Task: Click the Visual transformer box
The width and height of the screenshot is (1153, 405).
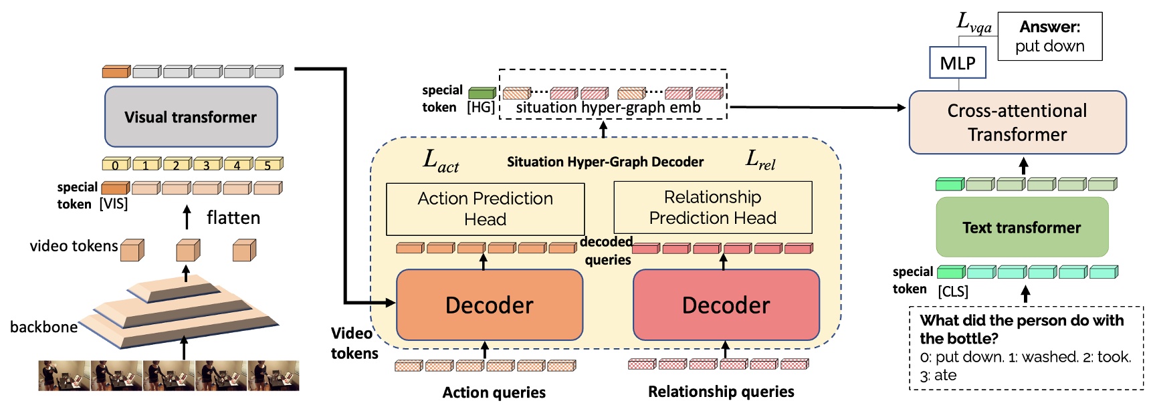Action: point(191,117)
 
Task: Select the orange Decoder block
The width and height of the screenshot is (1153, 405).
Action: point(490,305)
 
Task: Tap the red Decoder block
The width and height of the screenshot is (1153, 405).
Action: point(726,305)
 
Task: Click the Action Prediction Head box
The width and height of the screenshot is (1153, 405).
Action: point(485,209)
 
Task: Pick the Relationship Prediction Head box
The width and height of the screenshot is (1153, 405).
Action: point(712,207)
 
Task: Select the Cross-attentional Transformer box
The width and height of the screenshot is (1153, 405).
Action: point(1017,122)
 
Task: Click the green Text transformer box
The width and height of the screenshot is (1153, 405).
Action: point(1021,227)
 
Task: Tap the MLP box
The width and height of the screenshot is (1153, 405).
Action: point(957,63)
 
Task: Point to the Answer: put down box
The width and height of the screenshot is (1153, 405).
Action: point(1049,37)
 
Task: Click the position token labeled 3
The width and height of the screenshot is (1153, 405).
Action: point(206,164)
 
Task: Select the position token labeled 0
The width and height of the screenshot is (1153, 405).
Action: point(115,164)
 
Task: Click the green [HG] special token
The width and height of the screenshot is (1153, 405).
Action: point(481,93)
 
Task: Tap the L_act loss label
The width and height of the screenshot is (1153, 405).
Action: point(441,161)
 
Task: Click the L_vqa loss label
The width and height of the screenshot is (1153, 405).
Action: point(973,23)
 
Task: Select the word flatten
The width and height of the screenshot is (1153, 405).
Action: point(233,218)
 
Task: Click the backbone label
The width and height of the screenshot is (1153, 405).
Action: point(43,327)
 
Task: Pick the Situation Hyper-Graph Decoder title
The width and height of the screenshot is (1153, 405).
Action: point(605,162)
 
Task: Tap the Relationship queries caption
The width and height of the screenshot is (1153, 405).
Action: point(720,392)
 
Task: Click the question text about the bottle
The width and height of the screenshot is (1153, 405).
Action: point(1021,329)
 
